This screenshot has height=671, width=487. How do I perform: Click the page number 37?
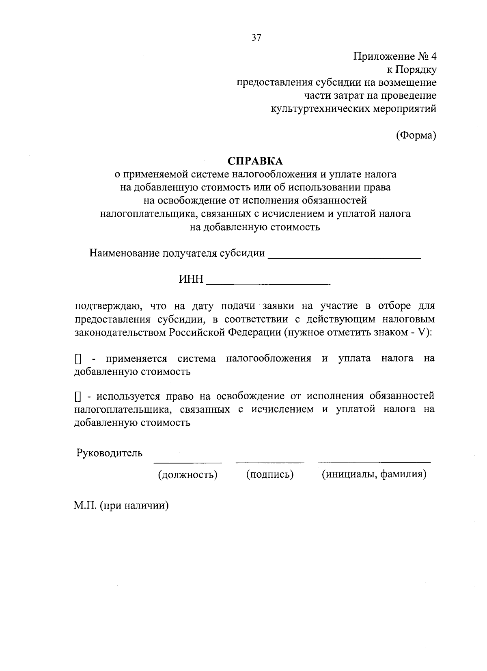(256, 38)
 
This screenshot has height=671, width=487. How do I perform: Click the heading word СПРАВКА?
(255, 161)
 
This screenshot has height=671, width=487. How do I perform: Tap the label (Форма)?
(416, 135)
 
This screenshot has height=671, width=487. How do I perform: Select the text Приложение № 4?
(395, 56)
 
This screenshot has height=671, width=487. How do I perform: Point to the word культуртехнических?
(320, 108)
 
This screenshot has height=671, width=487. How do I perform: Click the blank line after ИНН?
(268, 282)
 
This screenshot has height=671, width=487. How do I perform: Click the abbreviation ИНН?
(191, 279)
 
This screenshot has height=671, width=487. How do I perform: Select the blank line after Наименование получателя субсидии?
(345, 256)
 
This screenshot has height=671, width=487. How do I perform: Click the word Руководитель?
(110, 452)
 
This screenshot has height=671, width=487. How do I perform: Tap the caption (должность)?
(187, 474)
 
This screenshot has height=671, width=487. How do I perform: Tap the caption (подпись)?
(269, 474)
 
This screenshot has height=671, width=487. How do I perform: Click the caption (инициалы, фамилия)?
(374, 474)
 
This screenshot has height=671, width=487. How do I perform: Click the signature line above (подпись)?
(269, 462)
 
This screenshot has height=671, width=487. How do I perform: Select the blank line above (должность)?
(187, 462)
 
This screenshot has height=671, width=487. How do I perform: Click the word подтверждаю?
(108, 305)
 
